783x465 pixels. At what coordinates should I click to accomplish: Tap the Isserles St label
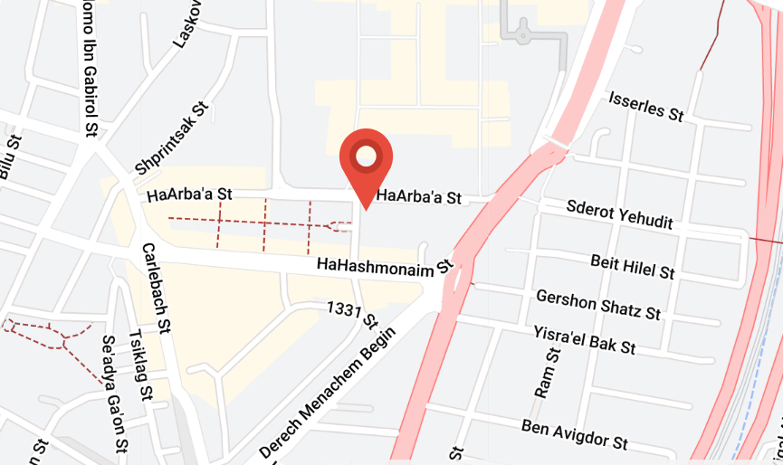click(x=646, y=105)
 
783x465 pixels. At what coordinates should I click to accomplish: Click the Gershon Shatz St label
click(x=597, y=305)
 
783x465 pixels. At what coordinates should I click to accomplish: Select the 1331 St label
click(x=353, y=315)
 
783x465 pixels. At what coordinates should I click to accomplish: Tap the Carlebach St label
click(x=155, y=287)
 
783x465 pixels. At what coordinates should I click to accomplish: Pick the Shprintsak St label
click(x=171, y=138)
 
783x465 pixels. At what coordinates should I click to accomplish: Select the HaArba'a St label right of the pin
click(x=419, y=196)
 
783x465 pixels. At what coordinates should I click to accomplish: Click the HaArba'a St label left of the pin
click(x=189, y=194)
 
